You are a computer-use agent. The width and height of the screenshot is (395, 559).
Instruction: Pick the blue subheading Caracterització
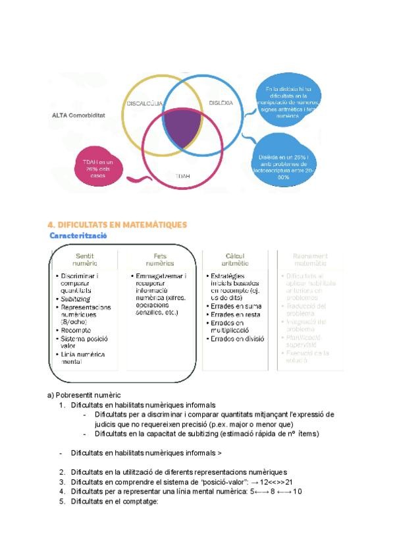(x=78, y=235)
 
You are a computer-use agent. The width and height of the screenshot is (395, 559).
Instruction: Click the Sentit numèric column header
(x=86, y=258)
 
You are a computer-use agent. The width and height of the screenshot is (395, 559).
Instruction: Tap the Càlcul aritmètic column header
(x=235, y=258)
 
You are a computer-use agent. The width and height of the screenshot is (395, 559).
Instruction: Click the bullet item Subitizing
(x=77, y=299)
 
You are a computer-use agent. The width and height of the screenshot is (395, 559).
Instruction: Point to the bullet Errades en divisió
(x=237, y=339)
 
